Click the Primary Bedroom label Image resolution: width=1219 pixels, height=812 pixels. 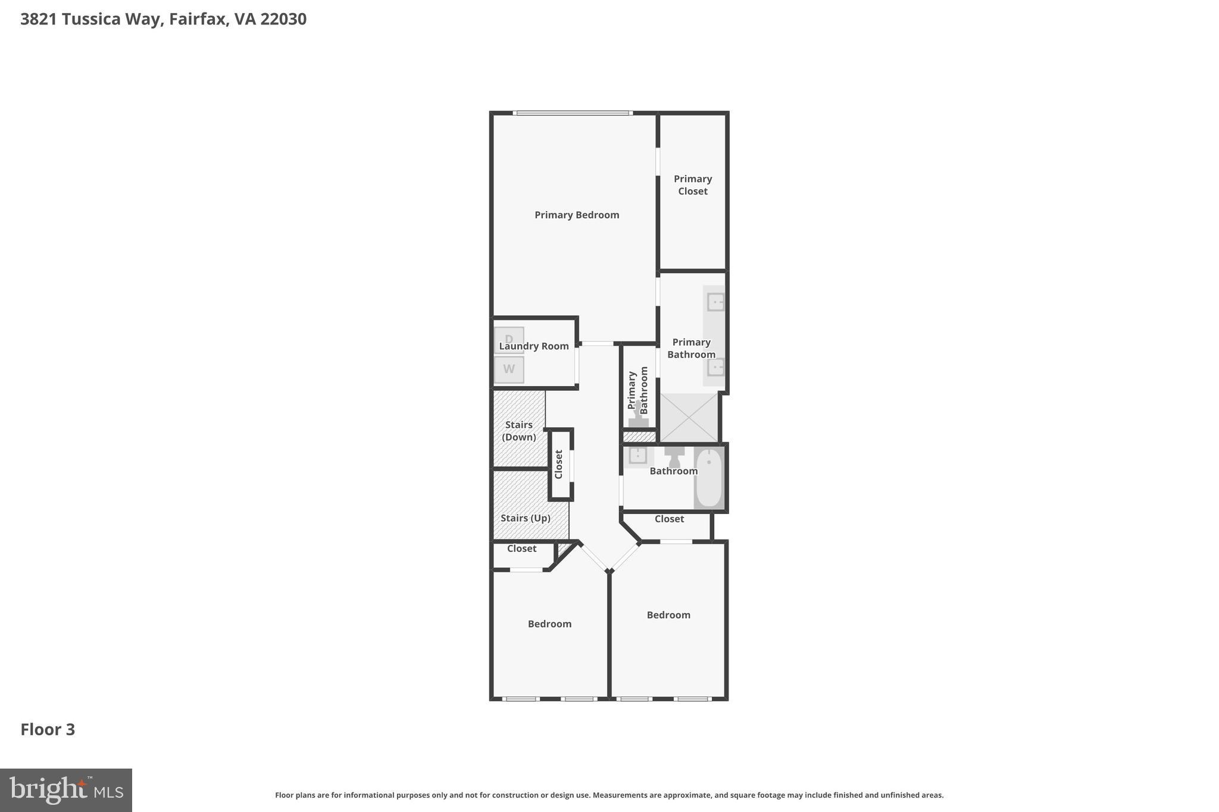coord(576,215)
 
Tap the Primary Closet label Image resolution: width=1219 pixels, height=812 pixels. coord(692,185)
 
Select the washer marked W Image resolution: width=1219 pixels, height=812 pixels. coord(509,369)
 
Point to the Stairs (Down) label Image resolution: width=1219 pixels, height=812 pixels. coord(518,431)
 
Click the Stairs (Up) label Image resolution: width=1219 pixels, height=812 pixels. coord(525,518)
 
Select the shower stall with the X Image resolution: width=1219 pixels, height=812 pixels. coord(689,418)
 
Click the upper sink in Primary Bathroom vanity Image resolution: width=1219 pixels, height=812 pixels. coord(715,302)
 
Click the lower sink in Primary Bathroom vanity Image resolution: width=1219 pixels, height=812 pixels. coord(715,367)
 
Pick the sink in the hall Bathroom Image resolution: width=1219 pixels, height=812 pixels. coord(637,456)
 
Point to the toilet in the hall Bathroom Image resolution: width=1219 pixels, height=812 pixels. coord(674,457)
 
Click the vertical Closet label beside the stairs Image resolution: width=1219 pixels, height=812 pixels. coord(558,464)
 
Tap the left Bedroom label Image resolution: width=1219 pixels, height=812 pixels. coord(549,623)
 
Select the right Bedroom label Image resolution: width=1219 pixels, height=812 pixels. coord(668,615)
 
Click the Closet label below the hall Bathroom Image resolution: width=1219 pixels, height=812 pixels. coord(669,519)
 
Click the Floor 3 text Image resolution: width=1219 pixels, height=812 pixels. coord(48,729)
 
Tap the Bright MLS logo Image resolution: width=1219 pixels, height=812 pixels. coord(66,790)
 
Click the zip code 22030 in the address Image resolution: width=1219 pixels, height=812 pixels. coord(283,19)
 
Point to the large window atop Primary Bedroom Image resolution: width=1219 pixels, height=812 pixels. coord(572,113)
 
